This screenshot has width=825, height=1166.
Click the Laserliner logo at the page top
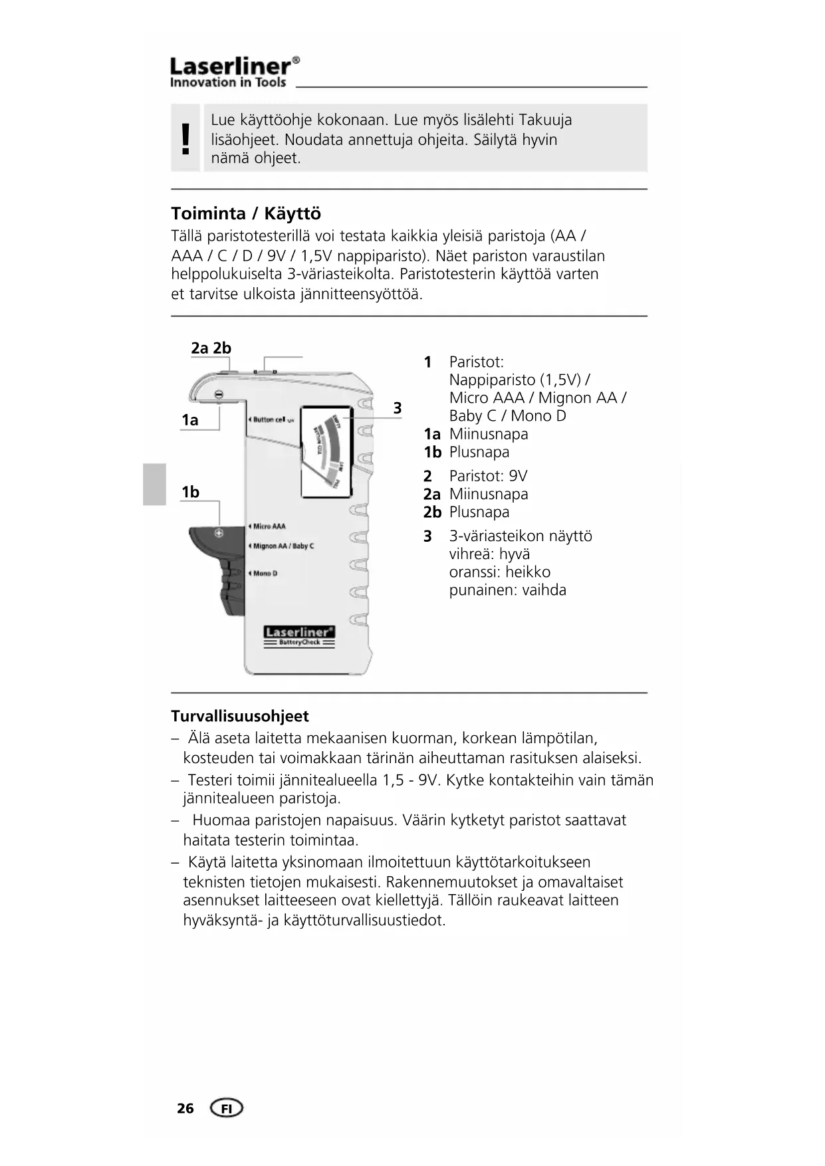(x=234, y=72)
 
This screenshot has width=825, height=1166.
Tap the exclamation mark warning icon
(x=185, y=138)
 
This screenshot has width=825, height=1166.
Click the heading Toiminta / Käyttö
(x=246, y=214)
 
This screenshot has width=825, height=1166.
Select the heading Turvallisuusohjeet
(x=240, y=716)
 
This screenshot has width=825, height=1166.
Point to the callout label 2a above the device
(x=200, y=348)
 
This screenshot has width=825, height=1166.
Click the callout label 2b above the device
(x=222, y=348)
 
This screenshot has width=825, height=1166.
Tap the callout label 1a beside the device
(x=190, y=420)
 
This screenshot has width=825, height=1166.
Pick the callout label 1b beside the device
(x=190, y=492)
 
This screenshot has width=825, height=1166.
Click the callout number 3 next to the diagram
(x=398, y=408)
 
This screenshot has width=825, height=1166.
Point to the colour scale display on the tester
(x=326, y=452)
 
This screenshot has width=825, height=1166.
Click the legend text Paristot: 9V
(x=488, y=476)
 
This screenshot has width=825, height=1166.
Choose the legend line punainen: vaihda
(x=507, y=590)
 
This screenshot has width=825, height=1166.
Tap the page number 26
(x=185, y=1108)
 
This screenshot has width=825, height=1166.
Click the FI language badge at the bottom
(x=226, y=1108)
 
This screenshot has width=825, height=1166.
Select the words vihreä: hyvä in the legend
(x=489, y=554)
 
